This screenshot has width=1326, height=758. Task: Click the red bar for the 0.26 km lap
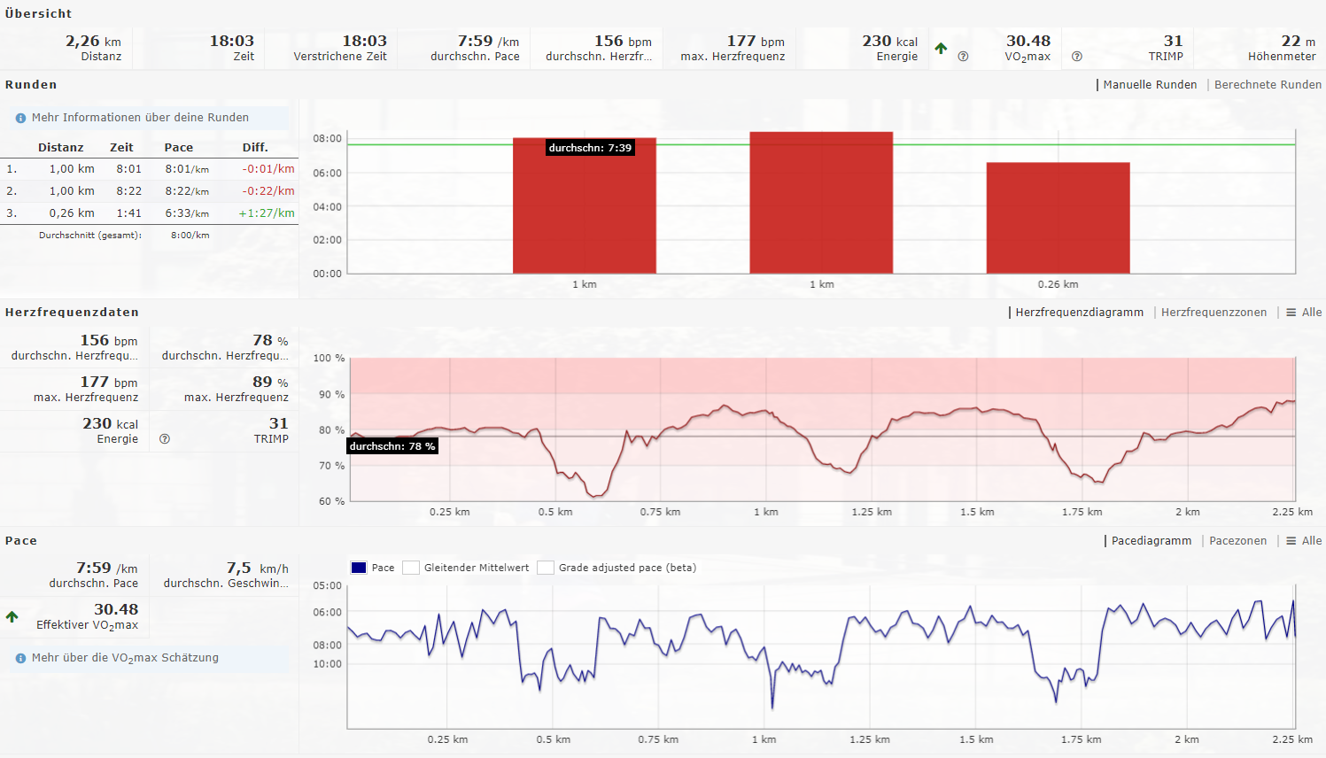1058,218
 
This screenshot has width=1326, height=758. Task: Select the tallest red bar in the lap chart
821,203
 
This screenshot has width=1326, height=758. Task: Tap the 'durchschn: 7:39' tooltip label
590,148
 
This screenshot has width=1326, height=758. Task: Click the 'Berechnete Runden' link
1268,85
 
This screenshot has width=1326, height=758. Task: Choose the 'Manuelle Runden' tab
1150,85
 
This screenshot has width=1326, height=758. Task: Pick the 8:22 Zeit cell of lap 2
129,190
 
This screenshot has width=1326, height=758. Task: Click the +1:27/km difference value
267,213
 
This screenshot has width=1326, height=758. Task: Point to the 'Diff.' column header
255,148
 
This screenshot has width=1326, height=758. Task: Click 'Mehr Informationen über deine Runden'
140,118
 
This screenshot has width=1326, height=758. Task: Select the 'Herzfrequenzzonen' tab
1214,313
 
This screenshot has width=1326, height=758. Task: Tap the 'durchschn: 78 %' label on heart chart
392,446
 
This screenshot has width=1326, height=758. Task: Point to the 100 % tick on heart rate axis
329,359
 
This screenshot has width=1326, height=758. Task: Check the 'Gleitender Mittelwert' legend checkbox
411,568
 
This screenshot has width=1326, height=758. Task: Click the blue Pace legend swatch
359,568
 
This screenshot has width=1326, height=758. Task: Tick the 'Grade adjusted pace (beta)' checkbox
546,568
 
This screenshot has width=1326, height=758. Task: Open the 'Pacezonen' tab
1237,541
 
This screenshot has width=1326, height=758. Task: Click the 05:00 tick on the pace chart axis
327,585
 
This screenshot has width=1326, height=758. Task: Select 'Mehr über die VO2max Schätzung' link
125,658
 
